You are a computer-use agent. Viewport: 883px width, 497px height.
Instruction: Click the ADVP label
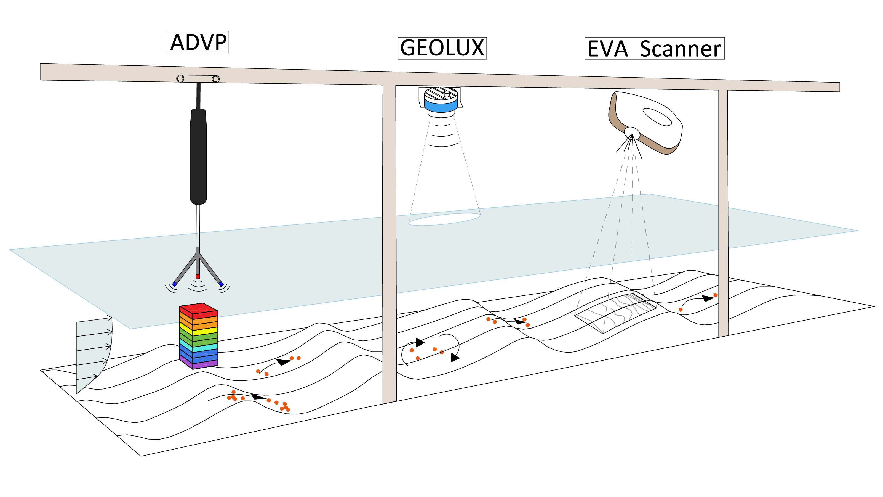198,42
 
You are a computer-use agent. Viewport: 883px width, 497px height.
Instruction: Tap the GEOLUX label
442,48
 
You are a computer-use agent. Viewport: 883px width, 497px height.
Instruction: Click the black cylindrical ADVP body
198,156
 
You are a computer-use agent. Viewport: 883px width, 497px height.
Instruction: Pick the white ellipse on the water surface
444,219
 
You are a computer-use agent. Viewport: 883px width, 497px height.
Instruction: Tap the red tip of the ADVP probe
198,276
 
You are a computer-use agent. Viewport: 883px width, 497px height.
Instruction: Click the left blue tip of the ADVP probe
174,284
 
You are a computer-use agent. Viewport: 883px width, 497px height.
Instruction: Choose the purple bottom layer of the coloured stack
199,364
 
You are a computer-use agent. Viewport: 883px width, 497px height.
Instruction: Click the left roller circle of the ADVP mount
180,78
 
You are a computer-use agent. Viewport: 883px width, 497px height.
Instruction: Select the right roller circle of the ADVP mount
216,79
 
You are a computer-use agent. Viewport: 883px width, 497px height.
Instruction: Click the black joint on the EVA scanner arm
631,133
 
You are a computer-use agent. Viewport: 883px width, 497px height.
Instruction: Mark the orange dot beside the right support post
715,295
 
